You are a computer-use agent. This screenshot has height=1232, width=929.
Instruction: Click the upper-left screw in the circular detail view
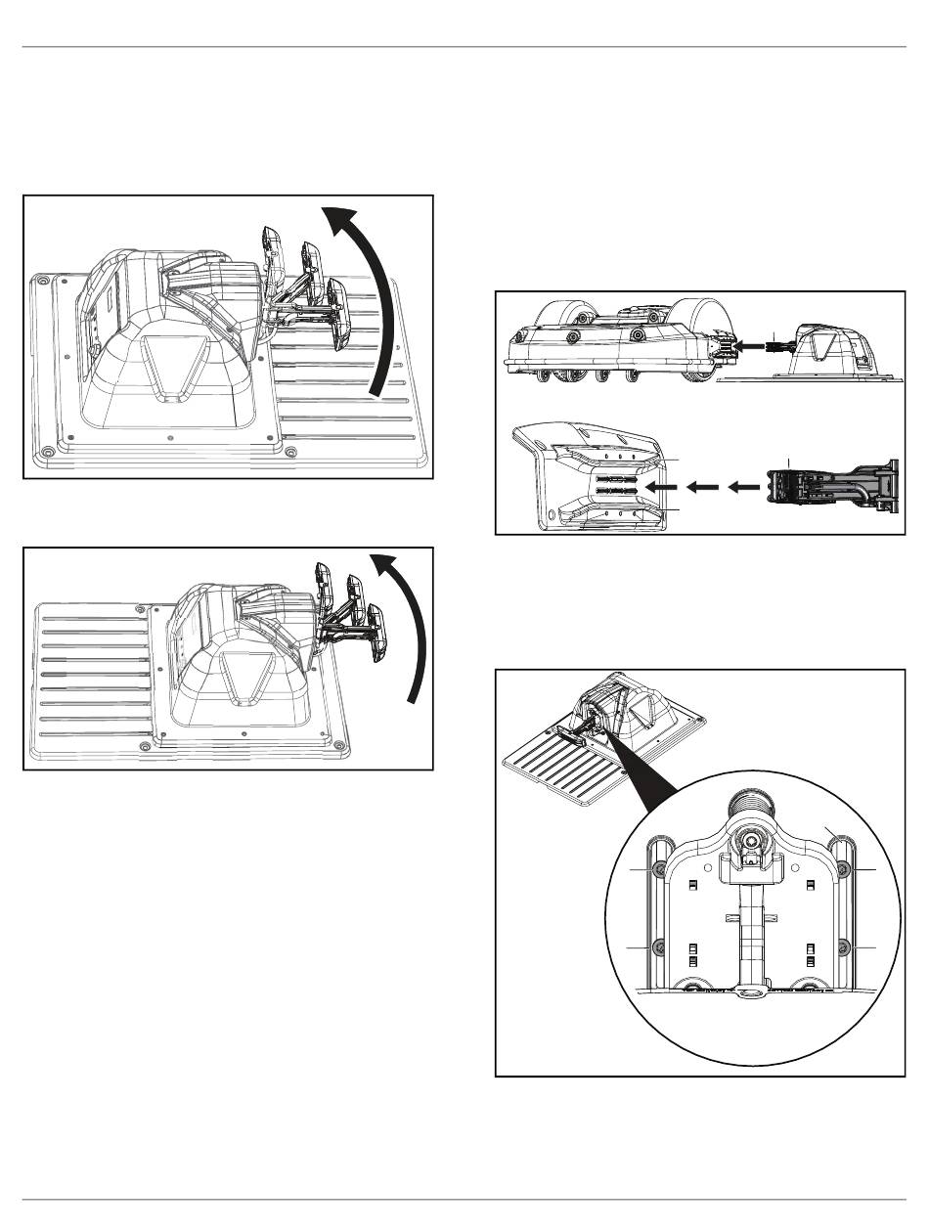661,869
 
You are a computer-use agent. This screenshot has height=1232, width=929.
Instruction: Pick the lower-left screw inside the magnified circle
660,946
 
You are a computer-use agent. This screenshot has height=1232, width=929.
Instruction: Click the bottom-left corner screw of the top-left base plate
47,452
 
